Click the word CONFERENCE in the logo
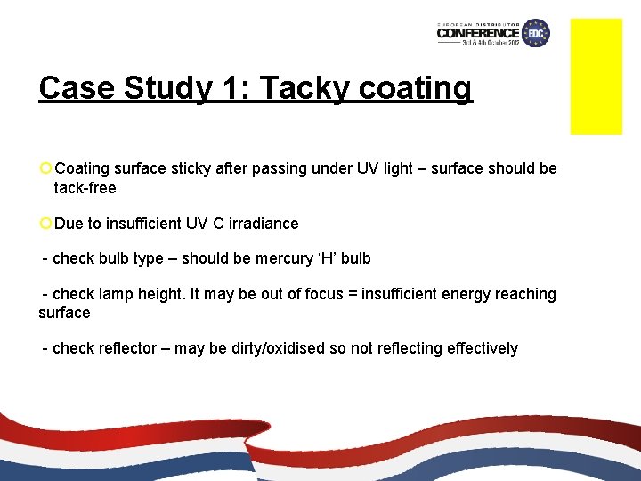click(478, 34)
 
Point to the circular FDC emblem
click(536, 33)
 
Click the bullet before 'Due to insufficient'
click(45, 224)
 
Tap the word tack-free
click(85, 188)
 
